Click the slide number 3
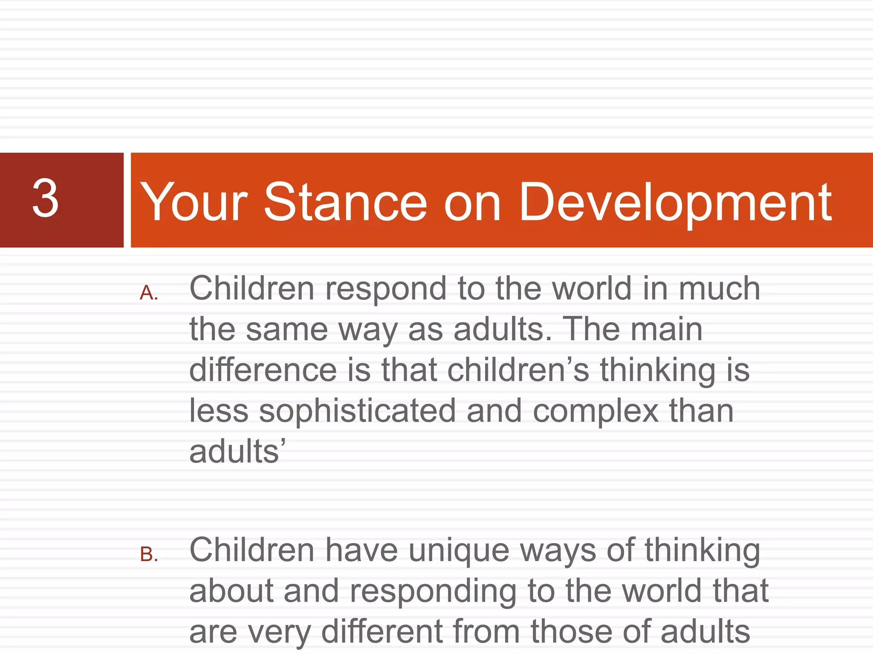coord(45,198)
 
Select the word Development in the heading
coord(675,203)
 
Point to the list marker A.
coord(149,293)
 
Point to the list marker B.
coord(149,555)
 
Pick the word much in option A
coord(719,289)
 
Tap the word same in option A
coord(286,330)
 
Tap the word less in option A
coord(219,411)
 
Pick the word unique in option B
coord(459,551)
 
